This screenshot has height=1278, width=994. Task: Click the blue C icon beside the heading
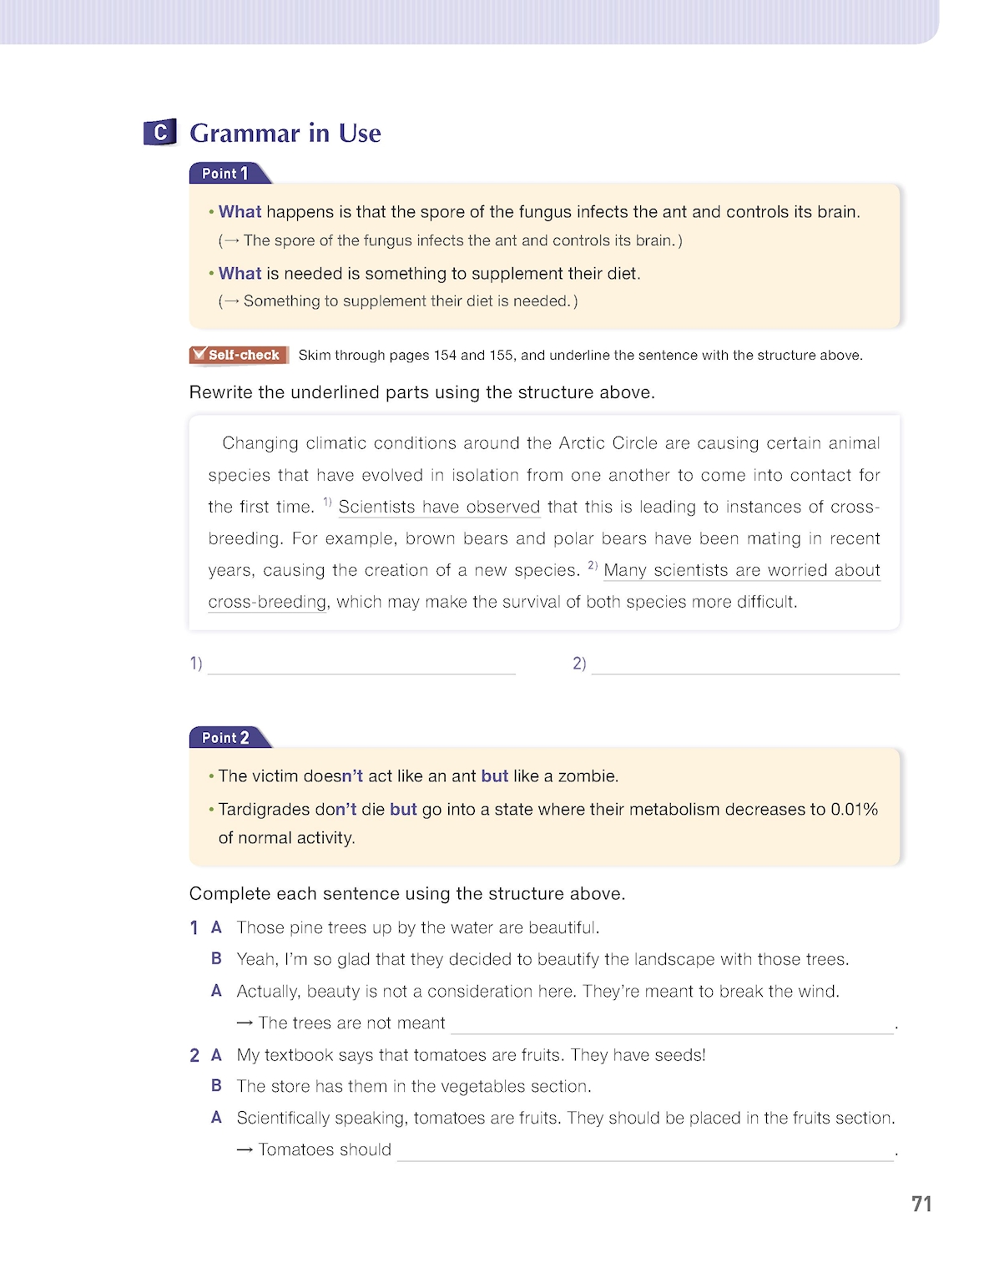click(x=159, y=132)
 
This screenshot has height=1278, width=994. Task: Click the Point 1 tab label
click(x=225, y=174)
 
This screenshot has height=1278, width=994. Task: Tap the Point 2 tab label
click(x=225, y=738)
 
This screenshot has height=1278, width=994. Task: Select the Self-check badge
click(x=239, y=355)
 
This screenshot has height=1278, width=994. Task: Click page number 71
click(x=921, y=1204)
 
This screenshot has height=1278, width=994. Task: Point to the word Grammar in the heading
click(x=245, y=134)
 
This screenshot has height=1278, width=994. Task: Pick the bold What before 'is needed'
click(x=240, y=274)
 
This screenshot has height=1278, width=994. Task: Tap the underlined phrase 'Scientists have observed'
click(x=439, y=507)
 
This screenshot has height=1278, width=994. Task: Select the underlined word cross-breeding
click(x=267, y=602)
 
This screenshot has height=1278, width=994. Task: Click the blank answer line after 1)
click(x=361, y=664)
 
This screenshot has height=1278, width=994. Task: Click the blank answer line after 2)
click(x=744, y=664)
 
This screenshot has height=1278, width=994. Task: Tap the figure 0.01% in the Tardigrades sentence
click(x=854, y=810)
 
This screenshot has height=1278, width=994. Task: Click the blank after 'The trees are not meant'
click(x=672, y=1024)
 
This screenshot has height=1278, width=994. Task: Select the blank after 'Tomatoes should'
click(x=644, y=1151)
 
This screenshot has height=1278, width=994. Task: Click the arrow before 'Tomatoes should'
click(x=245, y=1150)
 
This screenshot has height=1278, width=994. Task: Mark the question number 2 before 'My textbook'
click(x=194, y=1056)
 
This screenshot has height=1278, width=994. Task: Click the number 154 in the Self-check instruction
click(x=445, y=356)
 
